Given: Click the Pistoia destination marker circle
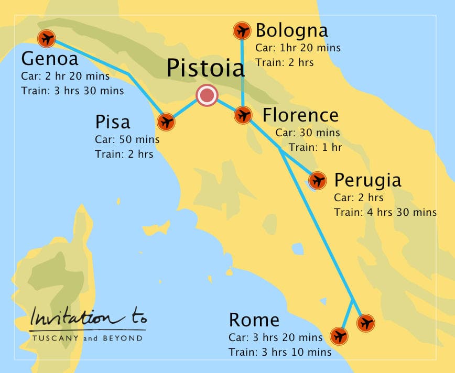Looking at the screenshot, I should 207,96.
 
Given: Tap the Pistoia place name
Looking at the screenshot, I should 205,69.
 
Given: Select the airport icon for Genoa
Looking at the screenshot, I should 47,38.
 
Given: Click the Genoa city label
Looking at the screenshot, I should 50,58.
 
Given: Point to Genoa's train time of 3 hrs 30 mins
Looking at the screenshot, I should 72,91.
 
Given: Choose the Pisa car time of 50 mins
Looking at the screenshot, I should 127,140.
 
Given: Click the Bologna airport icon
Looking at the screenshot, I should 242,31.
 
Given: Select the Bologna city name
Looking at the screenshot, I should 291,30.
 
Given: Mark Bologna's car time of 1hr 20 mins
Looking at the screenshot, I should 298,48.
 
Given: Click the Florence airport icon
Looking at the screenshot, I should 243,115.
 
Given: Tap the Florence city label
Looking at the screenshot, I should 300,115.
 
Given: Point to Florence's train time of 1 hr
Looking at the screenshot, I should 315,148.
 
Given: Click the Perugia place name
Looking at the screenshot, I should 367,180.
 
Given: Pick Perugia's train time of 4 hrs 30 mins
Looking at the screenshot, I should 385,212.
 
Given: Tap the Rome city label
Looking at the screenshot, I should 254,320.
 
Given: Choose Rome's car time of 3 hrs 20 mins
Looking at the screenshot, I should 275,337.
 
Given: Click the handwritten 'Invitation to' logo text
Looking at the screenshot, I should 88,317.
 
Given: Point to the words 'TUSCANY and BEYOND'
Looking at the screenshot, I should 87,338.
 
